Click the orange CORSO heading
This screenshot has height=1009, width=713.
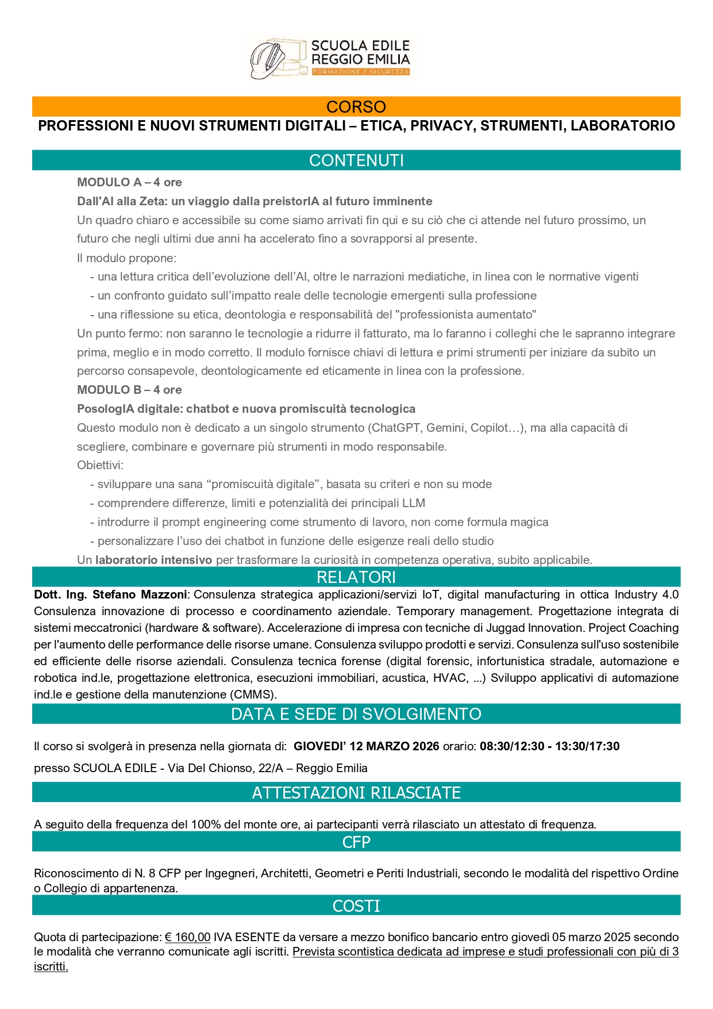coord(356,107)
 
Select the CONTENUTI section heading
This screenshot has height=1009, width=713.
coord(356,160)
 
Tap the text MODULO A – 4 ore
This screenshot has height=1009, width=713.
coord(129,182)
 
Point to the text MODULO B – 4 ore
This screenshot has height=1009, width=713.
coord(129,390)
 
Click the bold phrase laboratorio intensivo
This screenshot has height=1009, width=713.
coord(154,560)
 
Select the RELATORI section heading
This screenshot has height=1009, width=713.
coord(356,577)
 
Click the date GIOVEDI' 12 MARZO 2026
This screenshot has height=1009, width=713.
coord(366,746)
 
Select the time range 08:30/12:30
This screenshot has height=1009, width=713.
coord(512,746)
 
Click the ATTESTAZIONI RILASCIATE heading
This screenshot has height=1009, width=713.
coord(356,793)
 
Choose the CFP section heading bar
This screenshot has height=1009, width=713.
coord(356,842)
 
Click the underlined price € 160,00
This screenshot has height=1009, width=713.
coord(188,937)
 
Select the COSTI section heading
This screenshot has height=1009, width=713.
coord(356,906)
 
